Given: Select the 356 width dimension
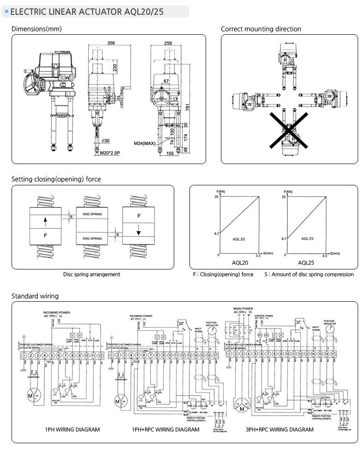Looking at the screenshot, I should click(x=111, y=43).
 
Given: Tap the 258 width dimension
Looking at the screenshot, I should click(x=168, y=43).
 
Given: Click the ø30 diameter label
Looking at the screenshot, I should click(x=105, y=141).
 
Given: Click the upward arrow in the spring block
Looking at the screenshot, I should click(x=45, y=221).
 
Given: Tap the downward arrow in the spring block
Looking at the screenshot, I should click(x=139, y=231).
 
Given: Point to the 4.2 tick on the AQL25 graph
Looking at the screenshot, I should click(x=324, y=256).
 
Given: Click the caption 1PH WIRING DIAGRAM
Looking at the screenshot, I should click(x=72, y=429).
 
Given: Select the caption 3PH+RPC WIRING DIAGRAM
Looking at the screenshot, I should click(x=279, y=429).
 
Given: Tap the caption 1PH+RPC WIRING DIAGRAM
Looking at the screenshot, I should click(x=165, y=429).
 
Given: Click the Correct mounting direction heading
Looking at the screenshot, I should click(x=261, y=29).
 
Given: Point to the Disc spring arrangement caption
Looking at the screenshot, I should click(x=92, y=274).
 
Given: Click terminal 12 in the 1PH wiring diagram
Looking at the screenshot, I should click(x=100, y=355).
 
